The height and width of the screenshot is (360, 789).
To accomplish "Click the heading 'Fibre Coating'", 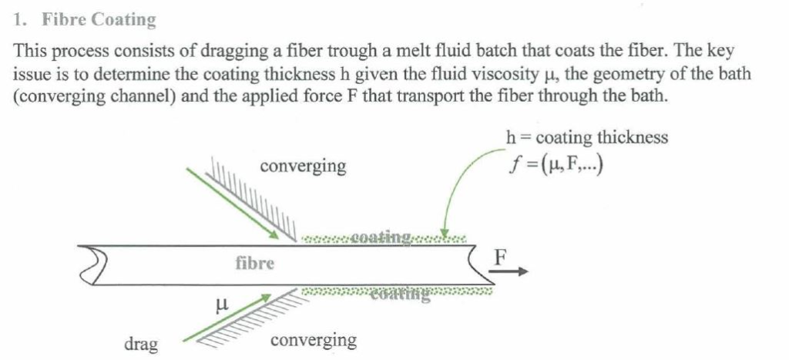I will point(99,19).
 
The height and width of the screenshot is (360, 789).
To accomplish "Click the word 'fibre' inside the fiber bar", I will point(254,264).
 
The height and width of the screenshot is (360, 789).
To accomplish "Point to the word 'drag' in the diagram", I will point(141,343).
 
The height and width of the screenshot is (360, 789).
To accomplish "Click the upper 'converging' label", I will point(303,166).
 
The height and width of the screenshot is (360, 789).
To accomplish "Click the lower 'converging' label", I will point(314,340).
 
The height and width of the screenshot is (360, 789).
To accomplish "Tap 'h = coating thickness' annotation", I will point(586,138).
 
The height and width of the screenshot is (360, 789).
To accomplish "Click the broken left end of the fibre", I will point(97,265).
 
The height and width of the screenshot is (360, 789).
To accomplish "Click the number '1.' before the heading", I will point(21,19).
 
